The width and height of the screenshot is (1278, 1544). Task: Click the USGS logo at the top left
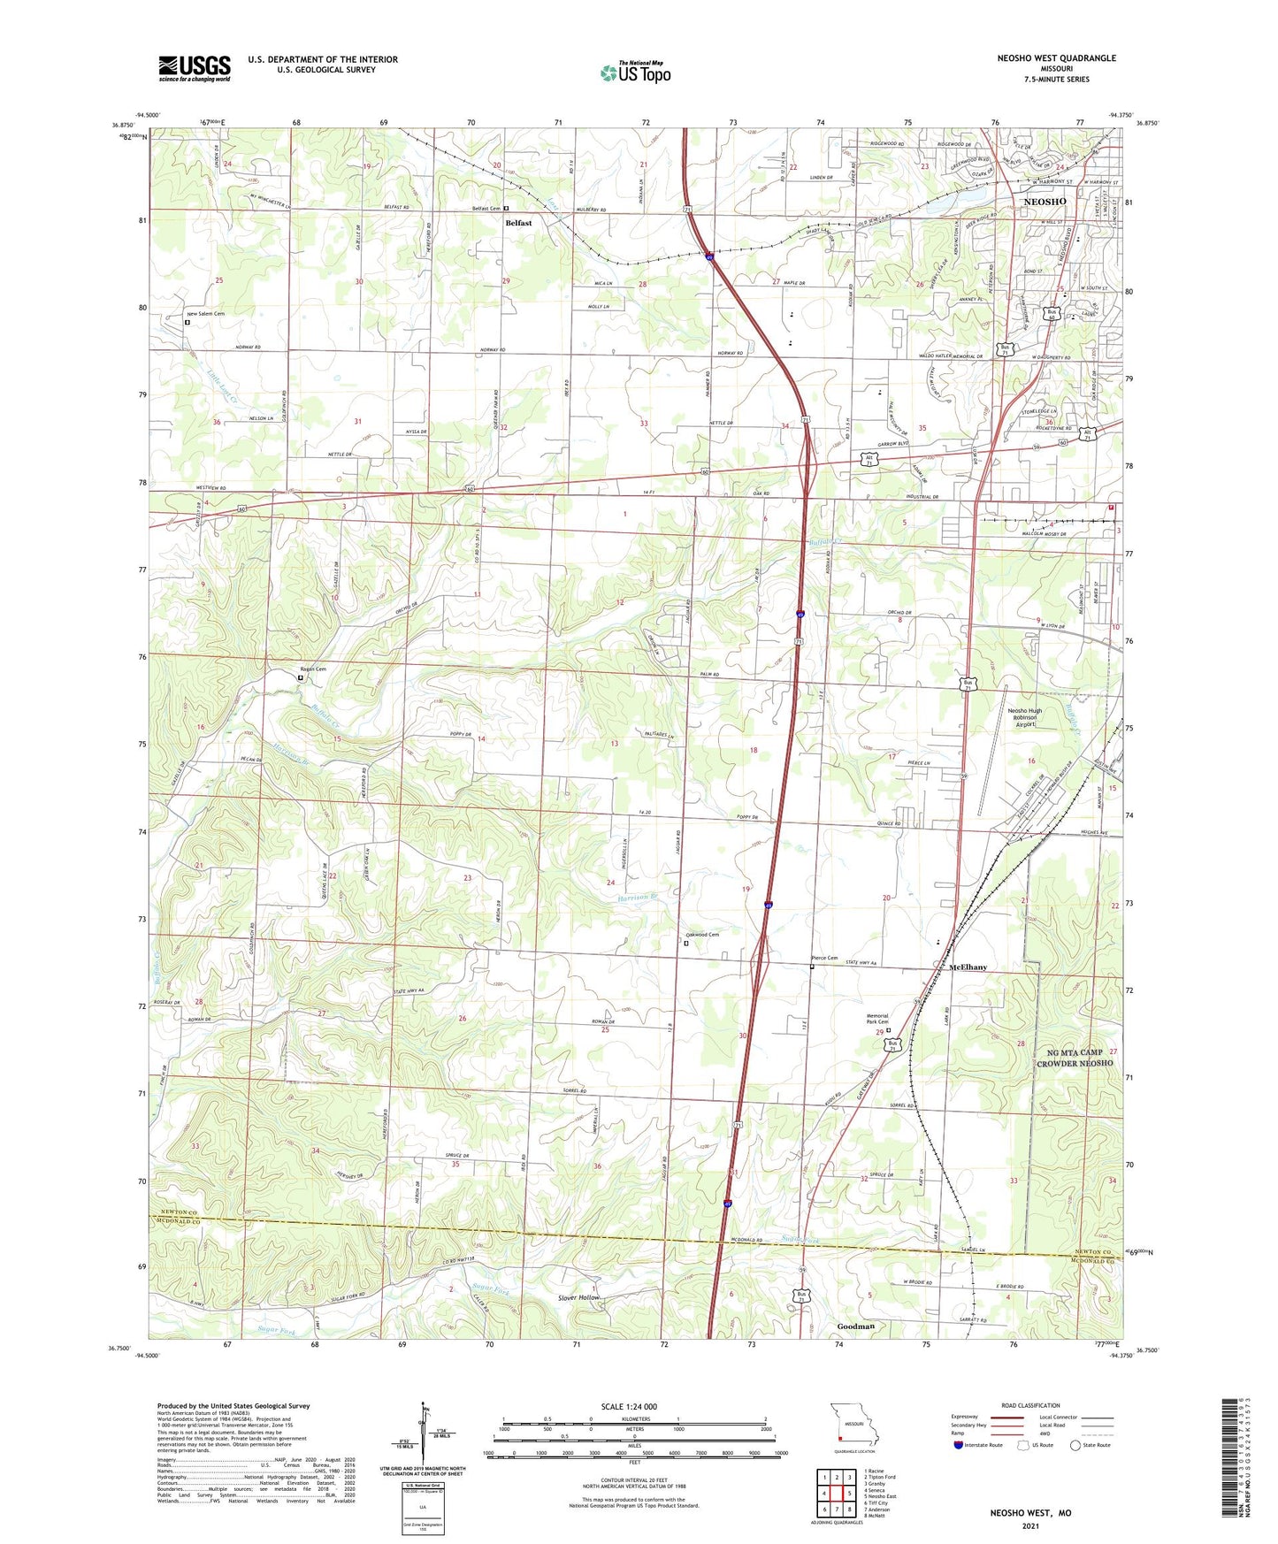[195, 68]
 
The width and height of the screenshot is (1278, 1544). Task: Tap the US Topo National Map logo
[635, 72]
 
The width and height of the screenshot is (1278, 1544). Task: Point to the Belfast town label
[518, 223]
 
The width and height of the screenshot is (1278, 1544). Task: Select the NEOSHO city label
[1045, 202]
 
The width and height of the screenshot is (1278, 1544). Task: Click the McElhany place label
[968, 967]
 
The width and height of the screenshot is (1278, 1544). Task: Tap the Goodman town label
[855, 1326]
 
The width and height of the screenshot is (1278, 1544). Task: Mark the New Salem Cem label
[204, 314]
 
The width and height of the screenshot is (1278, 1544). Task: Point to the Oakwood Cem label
[702, 935]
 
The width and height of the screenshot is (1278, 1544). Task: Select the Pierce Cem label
[824, 958]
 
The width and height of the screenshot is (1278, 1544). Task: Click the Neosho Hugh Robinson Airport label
[1024, 717]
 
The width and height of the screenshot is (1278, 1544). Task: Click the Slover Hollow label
[578, 1297]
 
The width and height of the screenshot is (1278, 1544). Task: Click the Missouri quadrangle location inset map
[854, 1428]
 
